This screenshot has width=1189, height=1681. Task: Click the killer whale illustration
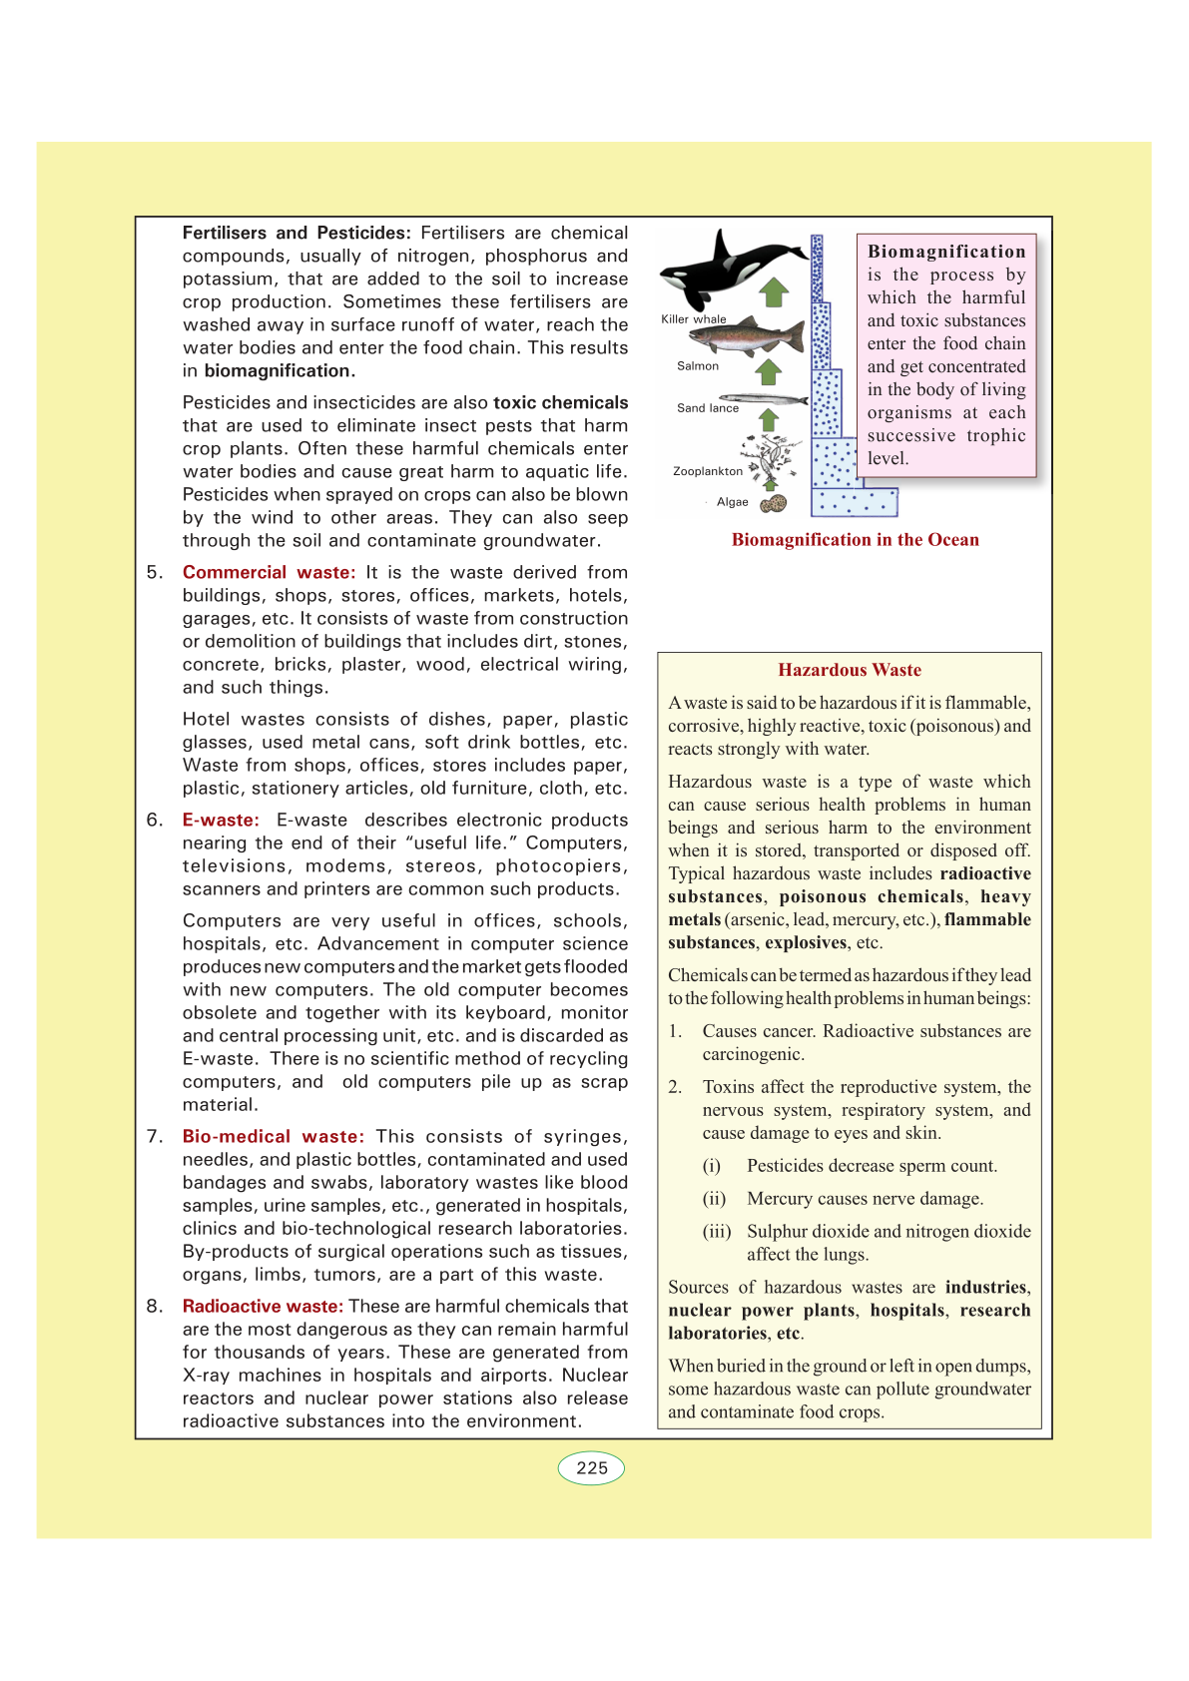coord(729,268)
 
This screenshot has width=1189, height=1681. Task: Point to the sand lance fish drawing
coord(764,399)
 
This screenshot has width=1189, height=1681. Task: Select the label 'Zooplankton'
coord(708,471)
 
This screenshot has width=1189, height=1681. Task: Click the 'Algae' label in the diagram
coord(732,502)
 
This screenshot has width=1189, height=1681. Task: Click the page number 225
coord(591,1468)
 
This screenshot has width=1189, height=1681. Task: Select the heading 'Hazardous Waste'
coord(850,670)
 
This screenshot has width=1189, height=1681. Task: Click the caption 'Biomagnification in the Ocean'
coord(855,540)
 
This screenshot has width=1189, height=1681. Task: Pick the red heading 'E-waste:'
coord(221,821)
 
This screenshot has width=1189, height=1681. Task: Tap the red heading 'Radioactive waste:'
coord(263,1307)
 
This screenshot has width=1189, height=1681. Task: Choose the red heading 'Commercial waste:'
coord(269,573)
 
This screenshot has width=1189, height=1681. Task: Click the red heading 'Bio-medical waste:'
coord(273,1137)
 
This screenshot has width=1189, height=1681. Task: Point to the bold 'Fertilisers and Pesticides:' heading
coord(297,234)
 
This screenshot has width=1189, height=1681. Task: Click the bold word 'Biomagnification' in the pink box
coord(946,252)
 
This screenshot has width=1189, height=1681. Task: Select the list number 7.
coord(155,1137)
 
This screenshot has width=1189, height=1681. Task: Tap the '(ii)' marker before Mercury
coord(714,1199)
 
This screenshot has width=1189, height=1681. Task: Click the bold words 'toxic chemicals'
coord(560,403)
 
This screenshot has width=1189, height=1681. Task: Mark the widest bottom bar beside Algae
coord(854,502)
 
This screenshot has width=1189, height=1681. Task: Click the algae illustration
coord(774,504)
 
